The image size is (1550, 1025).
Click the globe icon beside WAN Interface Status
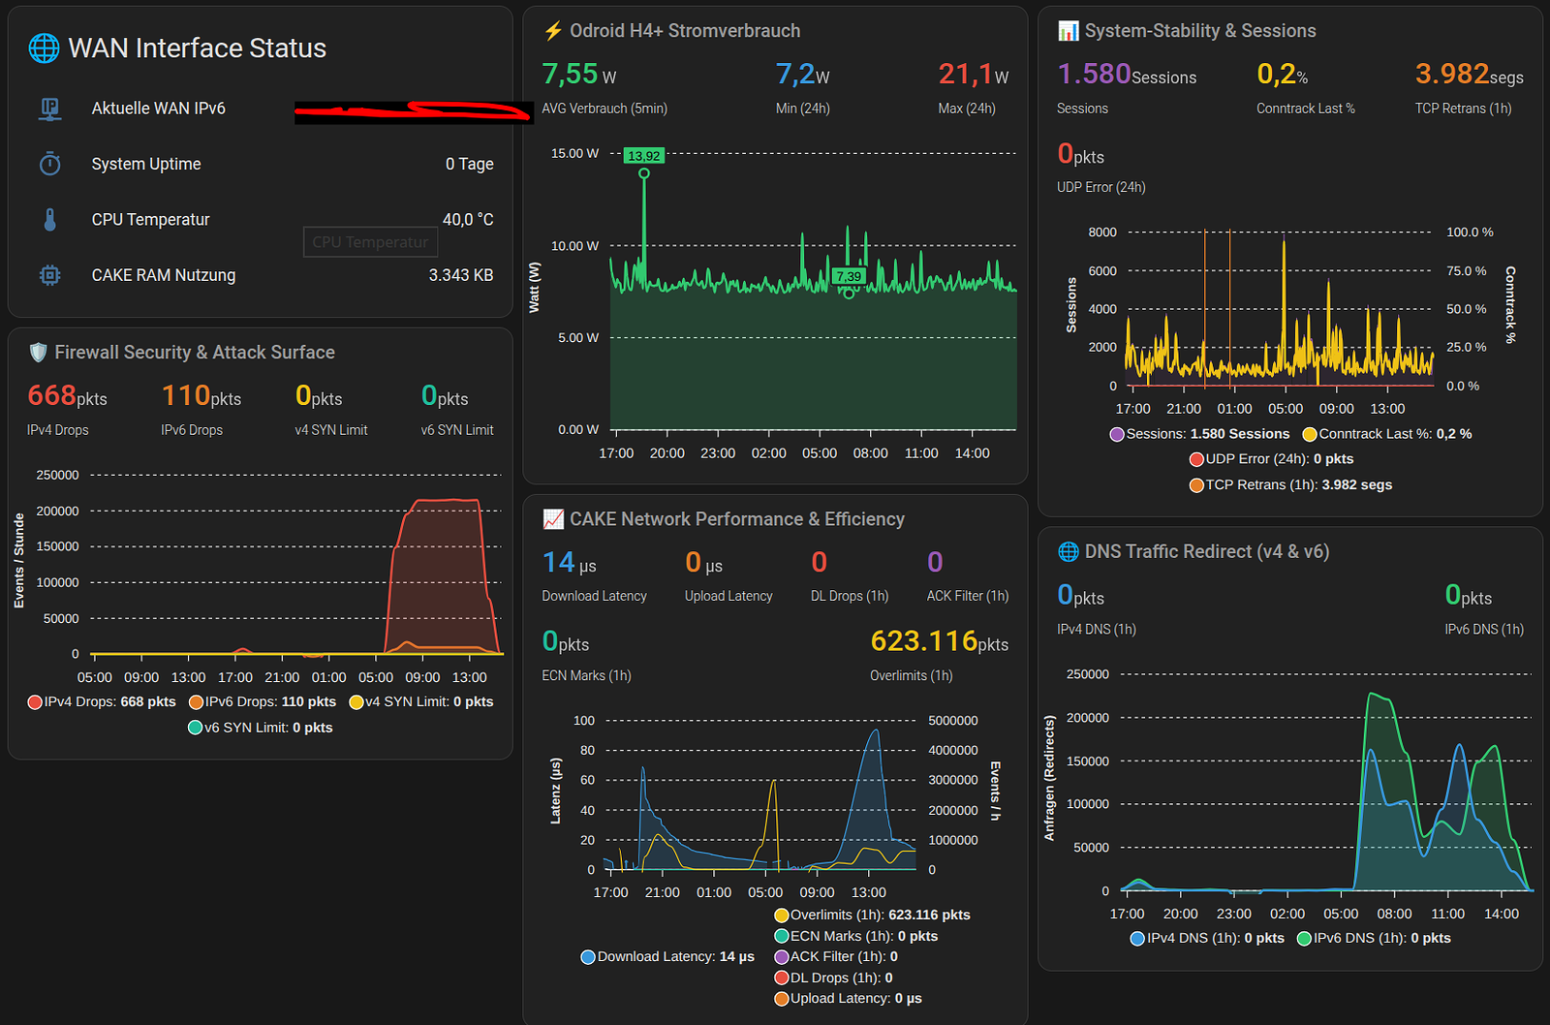pyautogui.click(x=44, y=48)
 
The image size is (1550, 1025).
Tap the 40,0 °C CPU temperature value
pyautogui.click(x=468, y=219)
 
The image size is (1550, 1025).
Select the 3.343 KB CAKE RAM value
pyautogui.click(x=461, y=275)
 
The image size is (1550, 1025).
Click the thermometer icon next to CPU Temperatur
pyautogui.click(x=49, y=219)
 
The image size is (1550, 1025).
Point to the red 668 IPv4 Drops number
pyautogui.click(x=51, y=395)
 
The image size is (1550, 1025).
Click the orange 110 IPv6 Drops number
pyautogui.click(x=185, y=395)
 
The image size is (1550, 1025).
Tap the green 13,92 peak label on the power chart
pyautogui.click(x=643, y=156)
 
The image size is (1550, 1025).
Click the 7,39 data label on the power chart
pyautogui.click(x=849, y=277)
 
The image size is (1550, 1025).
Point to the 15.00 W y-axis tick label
pyautogui.click(x=575, y=153)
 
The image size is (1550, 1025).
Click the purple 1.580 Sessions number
pyautogui.click(x=1094, y=74)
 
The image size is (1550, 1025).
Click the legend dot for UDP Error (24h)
pyautogui.click(x=1195, y=459)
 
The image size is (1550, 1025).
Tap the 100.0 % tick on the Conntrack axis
pyautogui.click(x=1470, y=232)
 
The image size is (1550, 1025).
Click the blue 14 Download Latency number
pyautogui.click(x=558, y=562)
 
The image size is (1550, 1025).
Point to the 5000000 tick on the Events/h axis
pyautogui.click(x=953, y=721)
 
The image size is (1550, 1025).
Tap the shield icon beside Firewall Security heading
pyautogui.click(x=38, y=353)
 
